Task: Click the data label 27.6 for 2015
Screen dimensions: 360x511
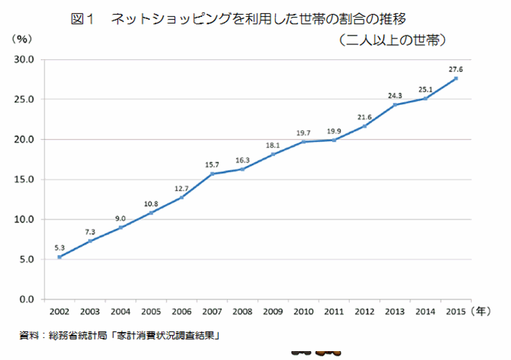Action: point(456,69)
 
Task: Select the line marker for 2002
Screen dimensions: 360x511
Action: point(58,257)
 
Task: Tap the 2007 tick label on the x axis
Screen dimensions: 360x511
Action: point(211,312)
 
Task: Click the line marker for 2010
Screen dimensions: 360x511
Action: point(303,141)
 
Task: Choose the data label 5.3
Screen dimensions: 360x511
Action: point(58,248)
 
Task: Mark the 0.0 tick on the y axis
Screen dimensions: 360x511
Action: point(27,299)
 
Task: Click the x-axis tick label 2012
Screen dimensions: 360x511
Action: point(365,312)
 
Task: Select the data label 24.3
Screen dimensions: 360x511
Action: point(394,95)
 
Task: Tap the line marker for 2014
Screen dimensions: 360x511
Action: point(425,98)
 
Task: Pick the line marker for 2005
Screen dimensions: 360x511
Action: point(150,213)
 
